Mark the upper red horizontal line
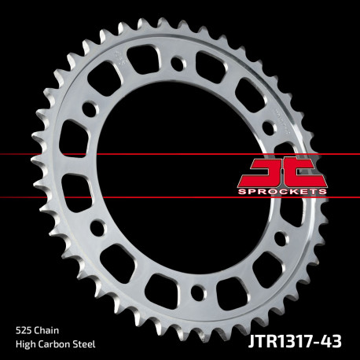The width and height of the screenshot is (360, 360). coord(118,155)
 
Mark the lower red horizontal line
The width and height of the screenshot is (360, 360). coord(118,197)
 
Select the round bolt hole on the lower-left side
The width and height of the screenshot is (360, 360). coord(97,229)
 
